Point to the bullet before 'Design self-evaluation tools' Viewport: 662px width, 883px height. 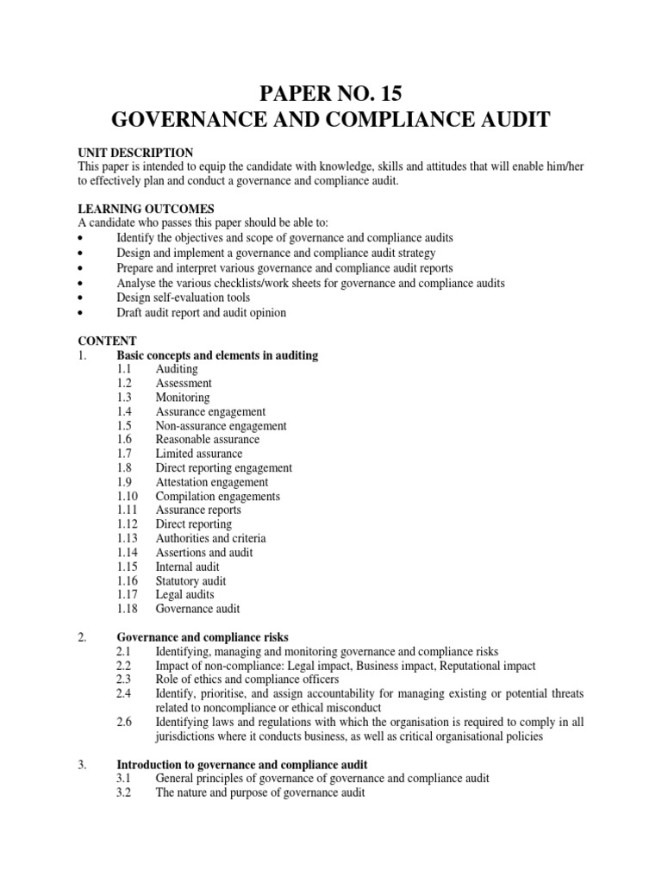tap(80, 298)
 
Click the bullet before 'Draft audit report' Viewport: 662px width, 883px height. tap(80, 313)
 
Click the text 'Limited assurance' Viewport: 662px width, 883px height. tap(199, 454)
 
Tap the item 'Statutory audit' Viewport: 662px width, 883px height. tap(190, 581)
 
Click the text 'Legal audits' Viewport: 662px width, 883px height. tap(185, 595)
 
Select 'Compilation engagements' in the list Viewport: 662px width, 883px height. tap(217, 497)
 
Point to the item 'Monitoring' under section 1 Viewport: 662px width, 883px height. tap(183, 398)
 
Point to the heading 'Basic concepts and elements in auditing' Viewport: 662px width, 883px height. tap(217, 355)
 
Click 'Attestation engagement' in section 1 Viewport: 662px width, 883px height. tap(212, 482)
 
